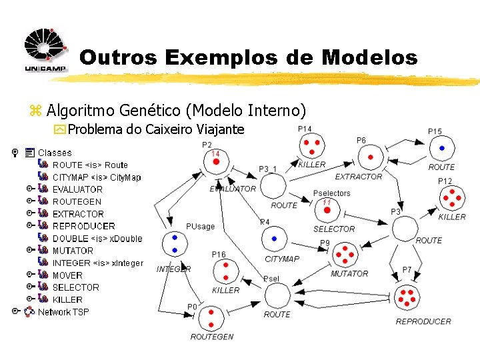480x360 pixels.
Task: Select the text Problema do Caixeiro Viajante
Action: pyautogui.click(x=156, y=129)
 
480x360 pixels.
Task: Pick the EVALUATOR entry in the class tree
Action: pyautogui.click(x=77, y=189)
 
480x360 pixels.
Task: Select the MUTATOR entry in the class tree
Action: pyautogui.click(x=73, y=251)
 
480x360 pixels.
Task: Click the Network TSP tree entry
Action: pyautogui.click(x=63, y=311)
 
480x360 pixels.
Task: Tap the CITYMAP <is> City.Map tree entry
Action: pyautogui.click(x=97, y=177)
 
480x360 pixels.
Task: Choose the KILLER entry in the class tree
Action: pyautogui.click(x=67, y=299)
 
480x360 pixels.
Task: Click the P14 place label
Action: pyautogui.click(x=305, y=129)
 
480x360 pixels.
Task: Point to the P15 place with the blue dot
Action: pyautogui.click(x=441, y=147)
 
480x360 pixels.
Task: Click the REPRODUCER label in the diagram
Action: pyautogui.click(x=423, y=321)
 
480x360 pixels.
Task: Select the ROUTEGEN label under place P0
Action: pyautogui.click(x=211, y=337)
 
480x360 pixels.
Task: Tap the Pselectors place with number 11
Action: pyautogui.click(x=327, y=209)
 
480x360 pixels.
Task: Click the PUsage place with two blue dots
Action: pyautogui.click(x=174, y=243)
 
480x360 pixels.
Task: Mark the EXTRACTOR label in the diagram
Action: pyautogui.click(x=358, y=177)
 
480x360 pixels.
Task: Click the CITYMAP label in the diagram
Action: pyautogui.click(x=282, y=259)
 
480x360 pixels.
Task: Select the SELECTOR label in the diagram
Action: pyautogui.click(x=334, y=229)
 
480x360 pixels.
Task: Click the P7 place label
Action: pyautogui.click(x=407, y=269)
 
